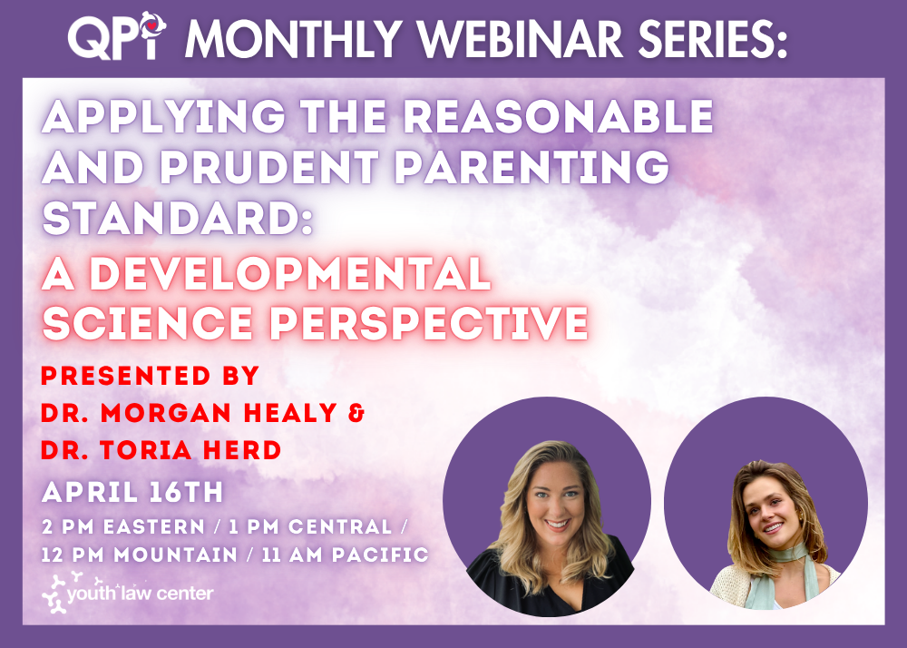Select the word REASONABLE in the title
(558, 116)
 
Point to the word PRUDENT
(269, 167)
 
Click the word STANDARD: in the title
(178, 218)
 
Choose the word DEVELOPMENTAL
(291, 273)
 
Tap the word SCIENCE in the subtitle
(148, 322)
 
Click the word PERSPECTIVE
(429, 322)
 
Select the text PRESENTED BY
(150, 376)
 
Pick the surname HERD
(245, 450)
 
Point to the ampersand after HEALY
(357, 413)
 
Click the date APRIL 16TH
(132, 493)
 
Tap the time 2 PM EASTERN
(123, 527)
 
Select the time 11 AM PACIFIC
(345, 555)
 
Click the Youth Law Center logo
(128, 593)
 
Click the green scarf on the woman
(781, 575)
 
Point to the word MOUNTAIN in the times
(176, 555)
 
